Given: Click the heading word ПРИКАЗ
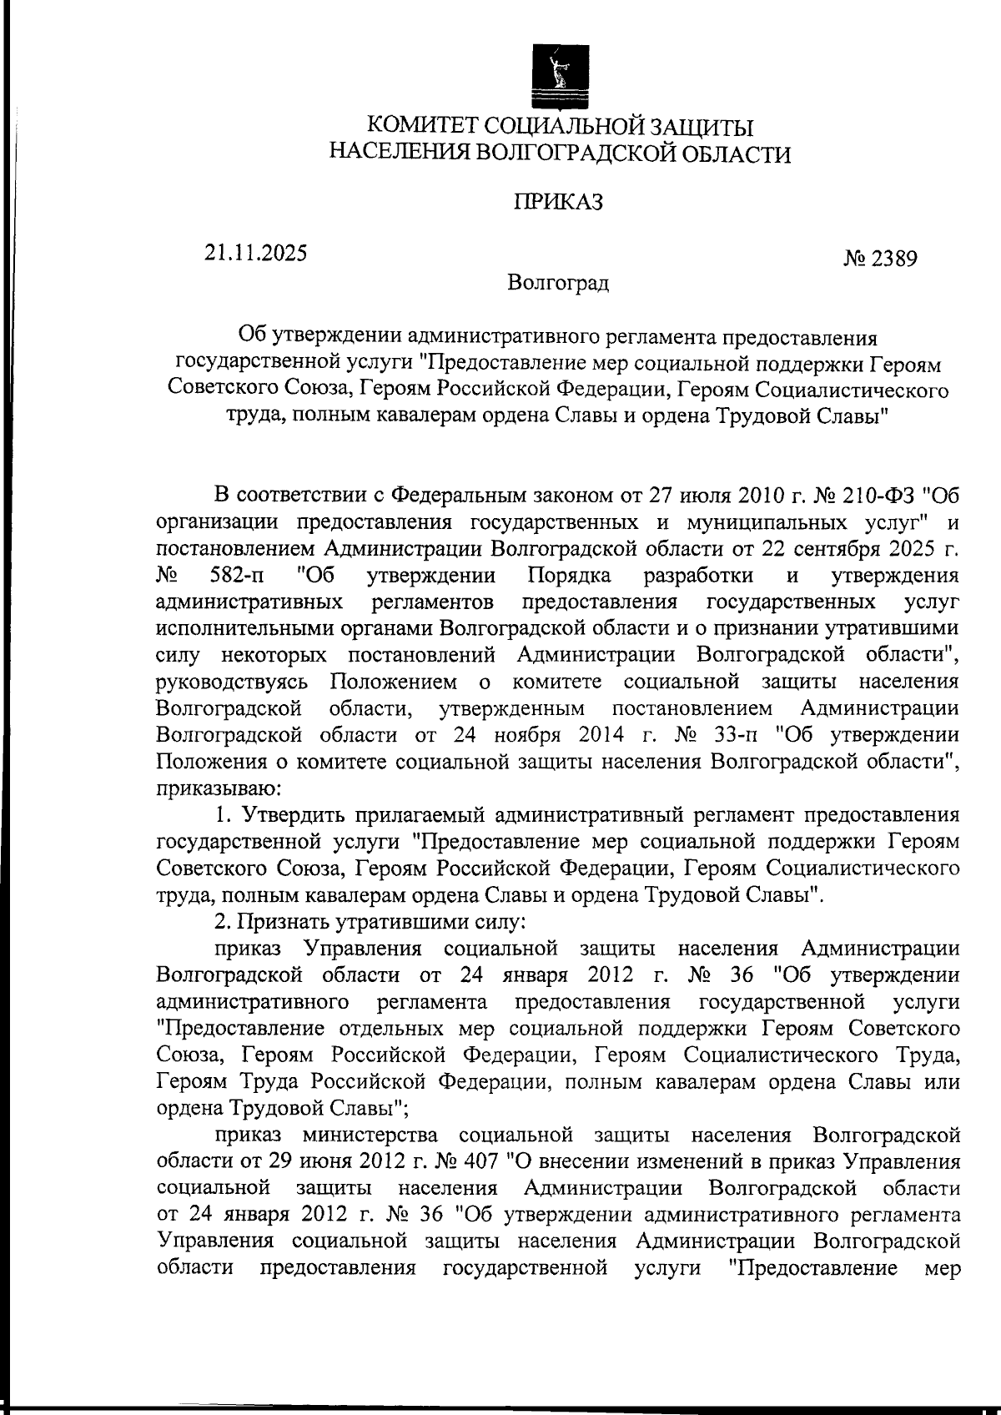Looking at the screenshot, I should tap(558, 203).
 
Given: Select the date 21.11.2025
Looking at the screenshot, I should tap(255, 252).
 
